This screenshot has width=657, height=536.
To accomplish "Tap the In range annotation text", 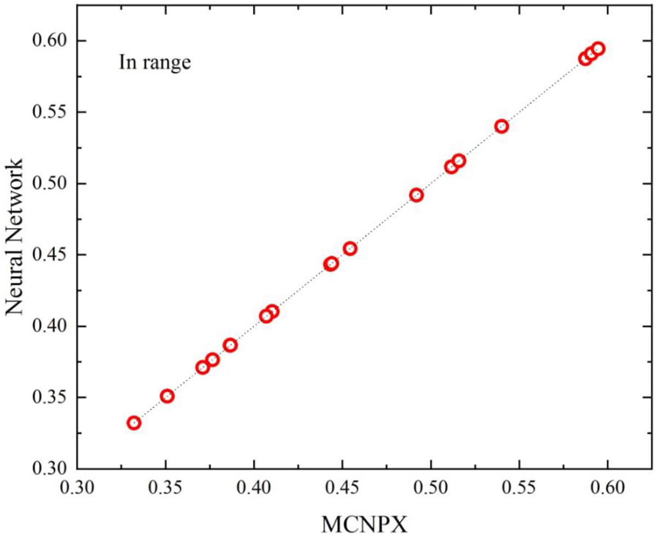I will [x=155, y=63].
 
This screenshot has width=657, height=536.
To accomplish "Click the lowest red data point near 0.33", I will [x=134, y=423].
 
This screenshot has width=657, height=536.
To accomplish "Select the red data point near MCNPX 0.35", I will [x=167, y=396].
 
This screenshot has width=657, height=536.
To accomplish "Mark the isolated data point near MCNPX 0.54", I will [x=502, y=126].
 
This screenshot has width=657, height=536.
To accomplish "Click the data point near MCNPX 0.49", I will [x=416, y=195].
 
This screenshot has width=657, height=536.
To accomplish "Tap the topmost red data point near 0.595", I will [x=598, y=48].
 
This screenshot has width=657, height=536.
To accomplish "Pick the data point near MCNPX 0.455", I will [x=350, y=249].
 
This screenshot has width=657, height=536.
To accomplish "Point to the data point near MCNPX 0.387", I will [x=230, y=345].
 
